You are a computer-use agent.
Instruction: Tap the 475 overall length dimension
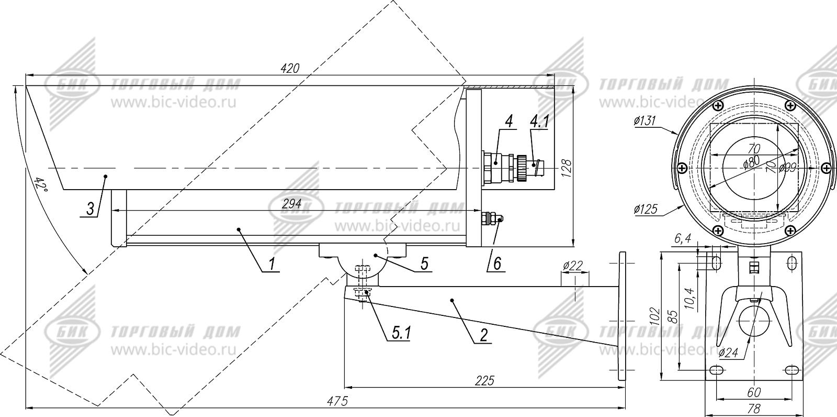(337, 401)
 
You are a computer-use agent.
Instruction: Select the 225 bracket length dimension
(485, 381)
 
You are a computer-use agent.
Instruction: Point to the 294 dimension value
(291, 204)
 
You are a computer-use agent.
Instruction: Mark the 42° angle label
(40, 185)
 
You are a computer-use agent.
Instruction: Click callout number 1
(272, 264)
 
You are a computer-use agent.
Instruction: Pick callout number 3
(90, 209)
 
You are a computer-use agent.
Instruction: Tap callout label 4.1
(539, 122)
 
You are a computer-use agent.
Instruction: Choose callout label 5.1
(401, 333)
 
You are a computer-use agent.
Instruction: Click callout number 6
(496, 264)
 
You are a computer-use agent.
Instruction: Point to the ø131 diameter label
(645, 121)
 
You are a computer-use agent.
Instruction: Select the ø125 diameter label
(645, 209)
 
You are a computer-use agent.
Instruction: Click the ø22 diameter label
(573, 266)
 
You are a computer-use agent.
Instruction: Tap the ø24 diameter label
(728, 353)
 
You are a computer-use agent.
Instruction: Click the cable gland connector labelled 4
(494, 165)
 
